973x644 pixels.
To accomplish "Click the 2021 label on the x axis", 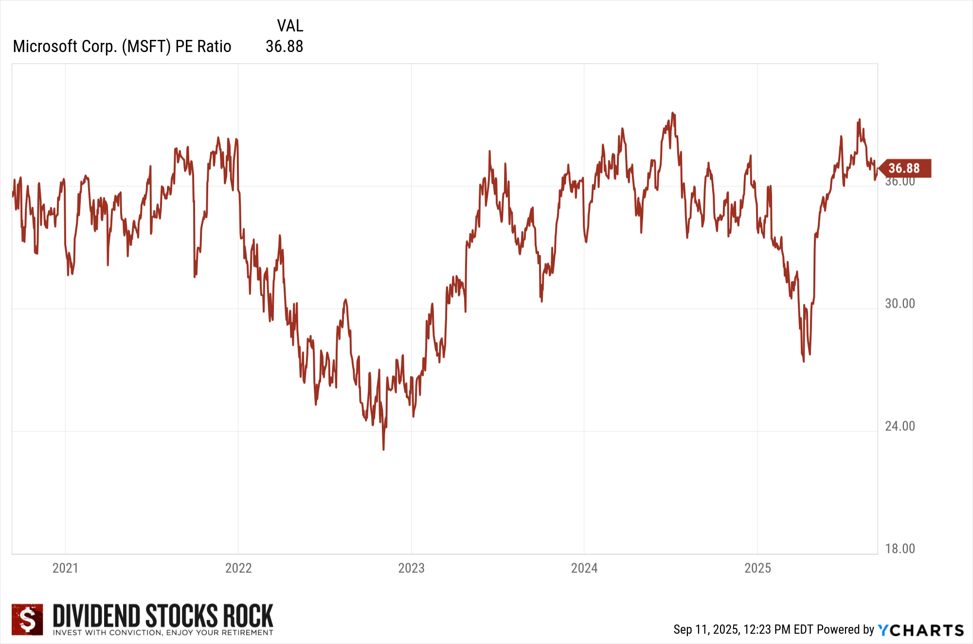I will pyautogui.click(x=65, y=568).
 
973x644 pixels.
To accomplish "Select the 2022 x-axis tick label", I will pyautogui.click(x=238, y=568).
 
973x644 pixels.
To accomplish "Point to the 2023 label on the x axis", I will pyautogui.click(x=411, y=568).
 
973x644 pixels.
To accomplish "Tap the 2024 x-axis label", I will pyautogui.click(x=584, y=568).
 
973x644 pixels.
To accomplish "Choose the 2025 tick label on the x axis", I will pyautogui.click(x=757, y=568).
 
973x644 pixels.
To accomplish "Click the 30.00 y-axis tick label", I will pyautogui.click(x=900, y=304).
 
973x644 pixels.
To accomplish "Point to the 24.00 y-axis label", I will pyautogui.click(x=900, y=426).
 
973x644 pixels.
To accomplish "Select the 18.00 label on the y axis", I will pyautogui.click(x=900, y=549).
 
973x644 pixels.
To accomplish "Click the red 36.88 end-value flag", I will pyautogui.click(x=905, y=168).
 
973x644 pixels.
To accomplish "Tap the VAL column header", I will pyautogui.click(x=290, y=25).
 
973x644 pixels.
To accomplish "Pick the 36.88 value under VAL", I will pyautogui.click(x=284, y=46).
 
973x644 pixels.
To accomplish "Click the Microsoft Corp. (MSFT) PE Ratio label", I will pyautogui.click(x=122, y=46).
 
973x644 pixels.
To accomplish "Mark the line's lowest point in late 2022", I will pyautogui.click(x=383, y=449).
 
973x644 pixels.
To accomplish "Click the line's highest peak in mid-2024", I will pyautogui.click(x=673, y=113).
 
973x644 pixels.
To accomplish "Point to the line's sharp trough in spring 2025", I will pyautogui.click(x=803, y=361).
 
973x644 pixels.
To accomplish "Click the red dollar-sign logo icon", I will pyautogui.click(x=27, y=619).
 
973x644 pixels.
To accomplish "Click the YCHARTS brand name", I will pyautogui.click(x=920, y=630).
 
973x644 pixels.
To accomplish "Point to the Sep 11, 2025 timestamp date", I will pyautogui.click(x=706, y=629).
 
